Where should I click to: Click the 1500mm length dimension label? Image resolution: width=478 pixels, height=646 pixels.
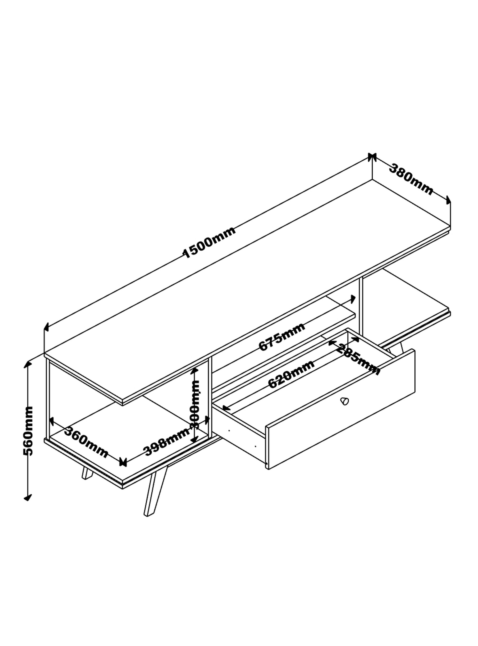(x=210, y=242)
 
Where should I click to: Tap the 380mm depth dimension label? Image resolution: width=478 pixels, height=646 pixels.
(x=411, y=180)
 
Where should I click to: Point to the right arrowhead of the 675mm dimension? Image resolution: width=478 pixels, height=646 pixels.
(x=353, y=299)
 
